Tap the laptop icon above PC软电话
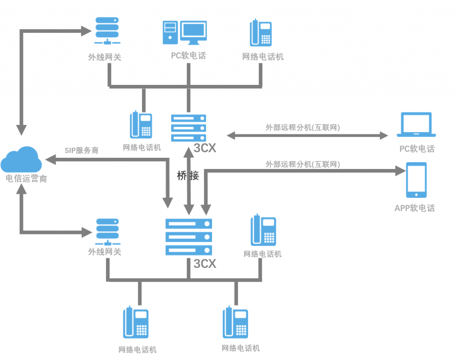coord(416,125)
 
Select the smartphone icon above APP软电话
coord(416,180)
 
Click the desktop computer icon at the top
coord(184,32)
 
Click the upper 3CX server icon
coord(189,128)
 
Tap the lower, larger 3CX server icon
coord(189,237)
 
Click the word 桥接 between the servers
coord(188,176)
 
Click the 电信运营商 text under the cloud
coord(26,178)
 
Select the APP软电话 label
coord(414,208)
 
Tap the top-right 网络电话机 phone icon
coord(261,33)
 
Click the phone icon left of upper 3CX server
coord(141,124)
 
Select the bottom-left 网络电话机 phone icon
coord(136,322)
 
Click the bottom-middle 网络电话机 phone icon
coord(235,322)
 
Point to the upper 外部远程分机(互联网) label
coord(303,128)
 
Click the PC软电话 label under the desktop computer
coord(188,56)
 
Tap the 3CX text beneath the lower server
coord(205,264)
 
